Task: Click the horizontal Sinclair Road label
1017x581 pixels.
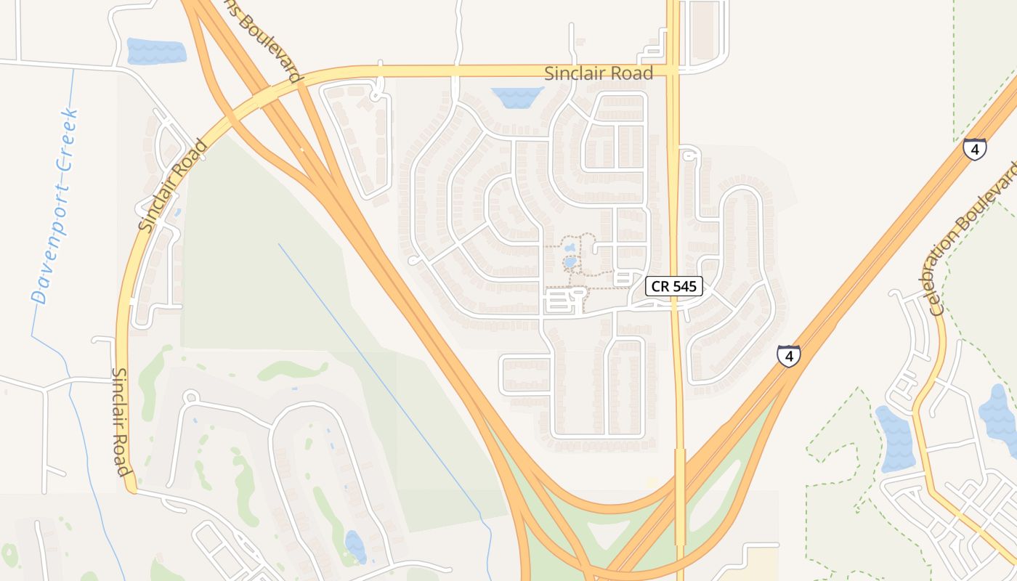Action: pyautogui.click(x=599, y=73)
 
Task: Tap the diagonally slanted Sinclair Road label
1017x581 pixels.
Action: pyautogui.click(x=173, y=186)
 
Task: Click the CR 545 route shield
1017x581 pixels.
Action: pyautogui.click(x=674, y=286)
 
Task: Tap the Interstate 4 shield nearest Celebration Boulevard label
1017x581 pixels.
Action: pyautogui.click(x=974, y=149)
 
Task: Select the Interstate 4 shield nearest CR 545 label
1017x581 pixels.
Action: pyautogui.click(x=788, y=356)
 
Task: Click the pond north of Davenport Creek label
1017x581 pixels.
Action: pyautogui.click(x=156, y=51)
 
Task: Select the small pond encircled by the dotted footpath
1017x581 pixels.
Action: pyautogui.click(x=570, y=261)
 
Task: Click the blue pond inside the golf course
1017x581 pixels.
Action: pyautogui.click(x=355, y=546)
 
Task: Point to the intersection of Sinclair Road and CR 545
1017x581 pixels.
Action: pyautogui.click(x=673, y=71)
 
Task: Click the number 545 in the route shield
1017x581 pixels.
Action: pyautogui.click(x=684, y=286)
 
